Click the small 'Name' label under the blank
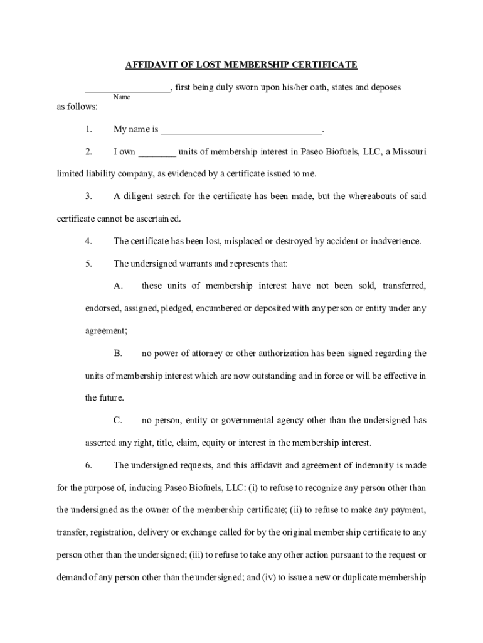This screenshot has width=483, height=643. click(122, 97)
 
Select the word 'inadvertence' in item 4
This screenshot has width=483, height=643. click(395, 241)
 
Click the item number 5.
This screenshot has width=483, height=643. click(89, 264)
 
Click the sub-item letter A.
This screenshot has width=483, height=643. click(117, 286)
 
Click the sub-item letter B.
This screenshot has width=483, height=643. click(117, 354)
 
